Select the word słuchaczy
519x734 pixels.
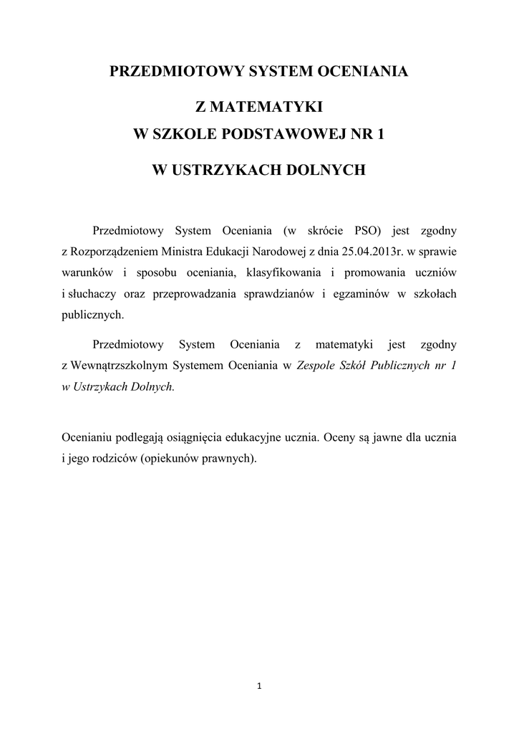90,293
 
